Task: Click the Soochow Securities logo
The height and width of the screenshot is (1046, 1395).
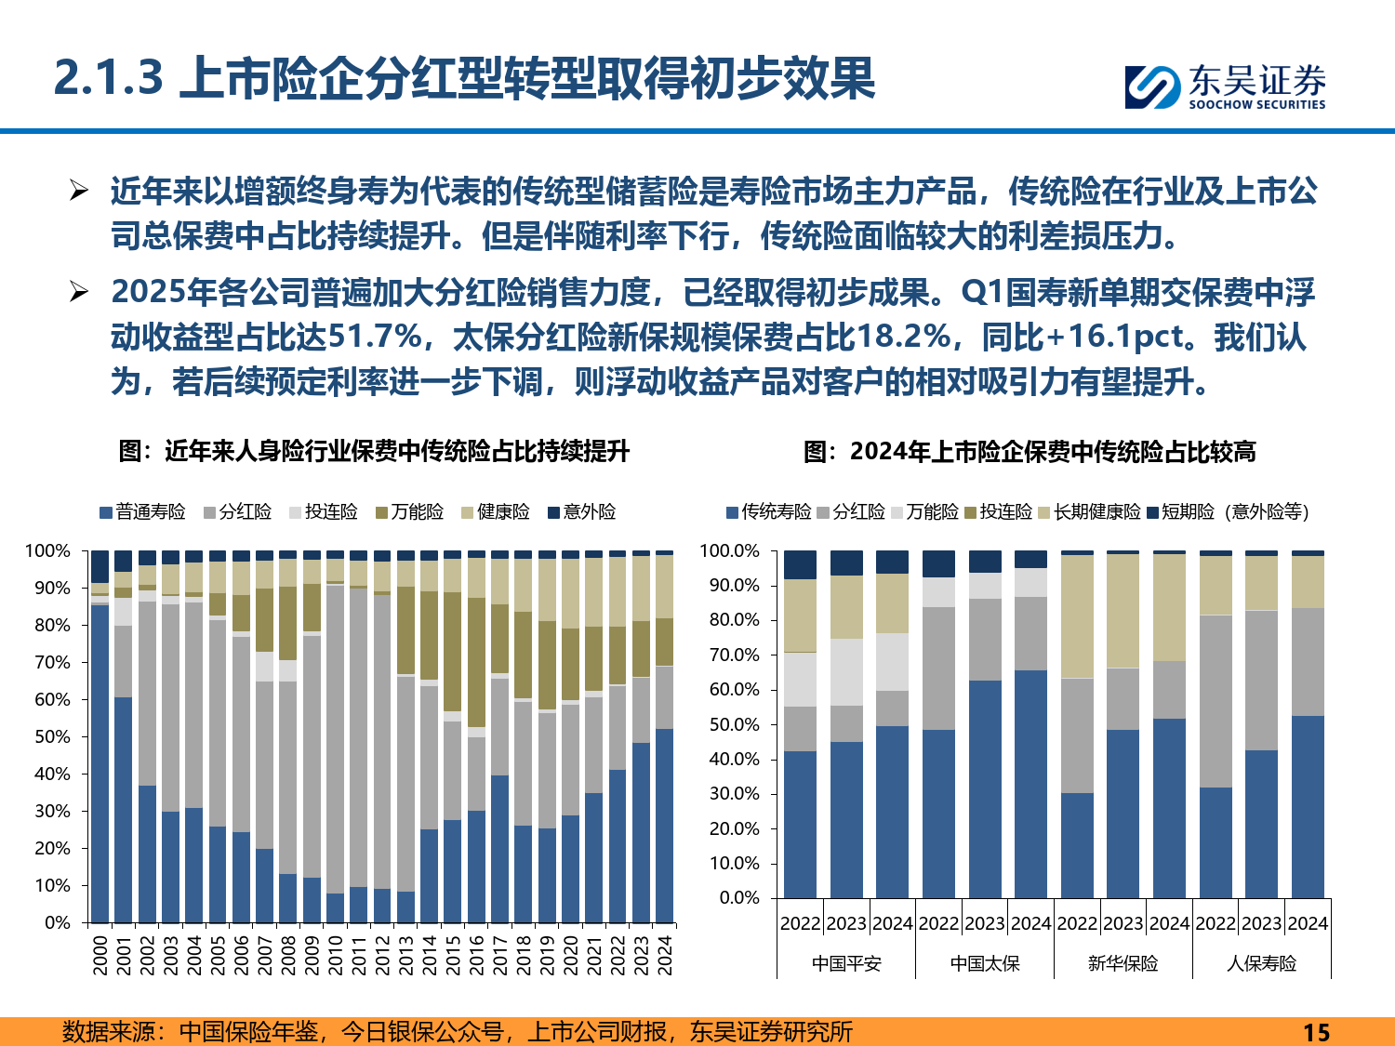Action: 1224,86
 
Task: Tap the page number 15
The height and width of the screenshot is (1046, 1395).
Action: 1316,1032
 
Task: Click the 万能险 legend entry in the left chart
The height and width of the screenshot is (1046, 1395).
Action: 409,512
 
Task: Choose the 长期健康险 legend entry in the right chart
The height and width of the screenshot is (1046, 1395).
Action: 1089,512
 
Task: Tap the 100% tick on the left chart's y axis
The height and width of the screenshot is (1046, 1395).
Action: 48,550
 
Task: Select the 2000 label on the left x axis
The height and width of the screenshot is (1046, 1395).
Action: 100,955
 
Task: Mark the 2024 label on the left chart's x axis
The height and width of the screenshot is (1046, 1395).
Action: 665,955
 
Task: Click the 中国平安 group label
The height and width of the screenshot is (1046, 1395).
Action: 845,963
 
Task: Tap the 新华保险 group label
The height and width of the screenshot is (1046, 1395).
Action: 1123,963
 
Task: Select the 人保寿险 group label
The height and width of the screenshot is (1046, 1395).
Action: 1261,963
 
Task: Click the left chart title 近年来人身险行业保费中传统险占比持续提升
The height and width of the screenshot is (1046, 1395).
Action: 374,452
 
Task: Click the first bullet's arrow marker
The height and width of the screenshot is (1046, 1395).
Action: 79,192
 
